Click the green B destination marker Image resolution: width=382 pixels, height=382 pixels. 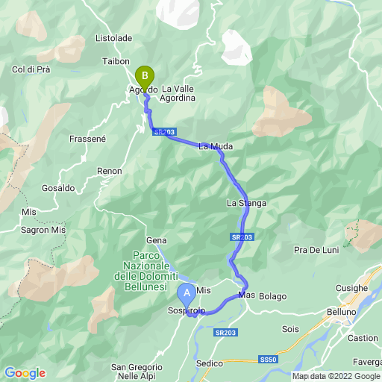pyautogui.click(x=144, y=77)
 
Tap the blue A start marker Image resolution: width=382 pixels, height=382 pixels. pyautogui.click(x=187, y=292)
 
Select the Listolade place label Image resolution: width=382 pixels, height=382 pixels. pyautogui.click(x=114, y=37)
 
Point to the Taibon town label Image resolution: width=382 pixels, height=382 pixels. pyautogui.click(x=115, y=61)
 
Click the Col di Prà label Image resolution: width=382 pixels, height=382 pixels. pyautogui.click(x=31, y=69)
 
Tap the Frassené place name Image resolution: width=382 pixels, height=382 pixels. pyautogui.click(x=89, y=139)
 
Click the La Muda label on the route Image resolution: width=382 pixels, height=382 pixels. pyautogui.click(x=216, y=147)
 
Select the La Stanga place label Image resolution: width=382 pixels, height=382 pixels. pyautogui.click(x=247, y=203)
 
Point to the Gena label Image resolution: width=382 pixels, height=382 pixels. pyautogui.click(x=156, y=240)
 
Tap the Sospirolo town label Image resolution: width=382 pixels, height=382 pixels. pyautogui.click(x=186, y=309)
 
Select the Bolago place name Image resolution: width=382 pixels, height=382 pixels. pyautogui.click(x=273, y=296)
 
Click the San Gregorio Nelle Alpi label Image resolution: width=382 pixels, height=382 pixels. pyautogui.click(x=137, y=372)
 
